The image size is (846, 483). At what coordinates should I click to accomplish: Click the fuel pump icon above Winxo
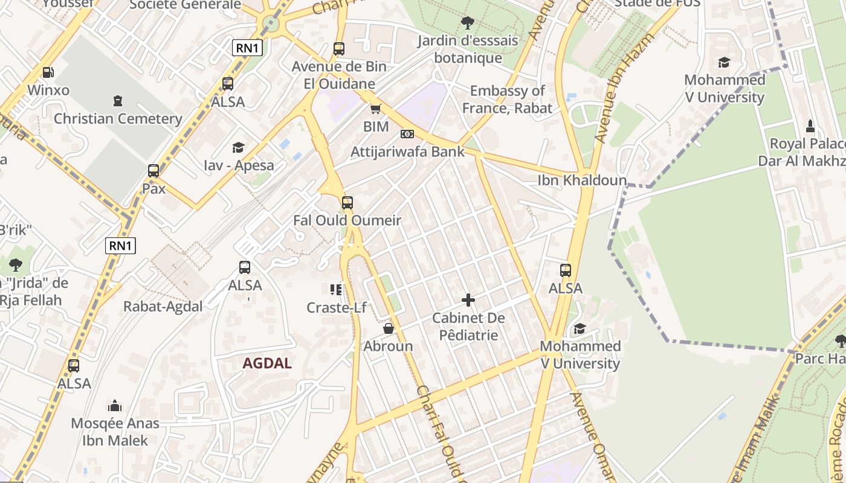pyautogui.click(x=48, y=72)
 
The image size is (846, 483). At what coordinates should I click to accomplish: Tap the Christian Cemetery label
pyautogui.click(x=118, y=119)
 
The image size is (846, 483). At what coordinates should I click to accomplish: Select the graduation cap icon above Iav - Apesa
pyautogui.click(x=238, y=147)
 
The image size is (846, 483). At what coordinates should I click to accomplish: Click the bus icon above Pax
pyautogui.click(x=153, y=171)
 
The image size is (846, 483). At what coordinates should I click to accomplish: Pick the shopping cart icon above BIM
pyautogui.click(x=376, y=109)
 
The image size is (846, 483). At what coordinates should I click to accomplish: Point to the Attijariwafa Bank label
pyautogui.click(x=408, y=152)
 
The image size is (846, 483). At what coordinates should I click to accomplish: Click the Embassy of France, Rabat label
pyautogui.click(x=508, y=100)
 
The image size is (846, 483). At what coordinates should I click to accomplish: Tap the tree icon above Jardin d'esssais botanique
pyautogui.click(x=467, y=24)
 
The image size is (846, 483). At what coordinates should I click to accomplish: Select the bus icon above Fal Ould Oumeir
pyautogui.click(x=347, y=203)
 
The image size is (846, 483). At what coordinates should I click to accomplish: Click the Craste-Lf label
pyautogui.click(x=337, y=308)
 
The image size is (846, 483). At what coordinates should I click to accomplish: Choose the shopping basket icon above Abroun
pyautogui.click(x=389, y=329)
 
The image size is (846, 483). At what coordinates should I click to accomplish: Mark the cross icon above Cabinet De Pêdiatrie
pyautogui.click(x=468, y=300)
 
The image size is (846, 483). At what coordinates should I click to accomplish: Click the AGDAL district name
pyautogui.click(x=267, y=363)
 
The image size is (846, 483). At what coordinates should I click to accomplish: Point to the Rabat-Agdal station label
pyautogui.click(x=163, y=307)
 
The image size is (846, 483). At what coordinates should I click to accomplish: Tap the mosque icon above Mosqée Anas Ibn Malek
pyautogui.click(x=115, y=406)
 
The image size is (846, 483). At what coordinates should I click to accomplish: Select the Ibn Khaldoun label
pyautogui.click(x=582, y=180)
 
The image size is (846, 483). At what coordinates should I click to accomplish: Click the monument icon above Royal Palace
pyautogui.click(x=811, y=126)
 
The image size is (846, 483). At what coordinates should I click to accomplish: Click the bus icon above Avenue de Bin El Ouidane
pyautogui.click(x=339, y=49)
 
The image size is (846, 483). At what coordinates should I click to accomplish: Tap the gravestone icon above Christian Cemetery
pyautogui.click(x=118, y=101)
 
